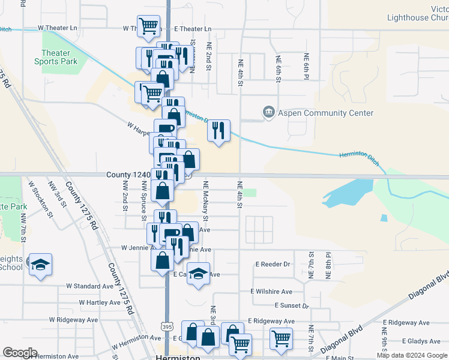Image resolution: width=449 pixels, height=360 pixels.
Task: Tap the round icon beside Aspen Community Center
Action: (x=268, y=112)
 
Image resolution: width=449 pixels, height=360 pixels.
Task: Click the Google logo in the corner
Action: (x=19, y=353)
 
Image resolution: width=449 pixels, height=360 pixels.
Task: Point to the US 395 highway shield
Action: (x=167, y=324)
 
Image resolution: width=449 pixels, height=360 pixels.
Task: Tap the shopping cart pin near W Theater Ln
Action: (x=148, y=26)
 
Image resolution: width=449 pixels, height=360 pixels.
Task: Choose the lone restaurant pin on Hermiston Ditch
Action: (x=218, y=130)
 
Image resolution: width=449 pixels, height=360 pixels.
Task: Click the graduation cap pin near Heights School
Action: (x=40, y=265)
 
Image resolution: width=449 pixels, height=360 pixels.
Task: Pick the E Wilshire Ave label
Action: (x=271, y=292)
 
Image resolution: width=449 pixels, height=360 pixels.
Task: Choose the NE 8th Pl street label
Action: (x=329, y=265)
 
